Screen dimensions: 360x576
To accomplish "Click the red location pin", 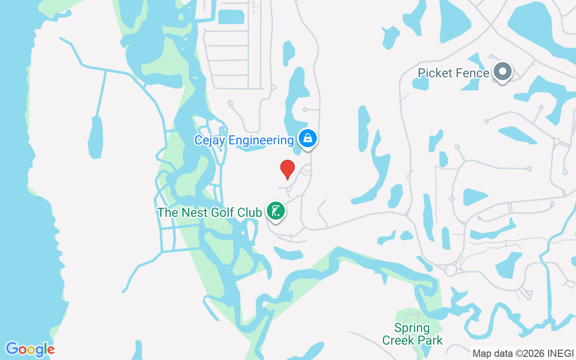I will [x=288, y=169].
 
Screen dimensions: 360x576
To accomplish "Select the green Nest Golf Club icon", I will [x=275, y=211].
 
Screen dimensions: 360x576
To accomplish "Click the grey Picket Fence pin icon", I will [x=502, y=72].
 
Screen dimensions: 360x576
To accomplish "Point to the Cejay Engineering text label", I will [x=244, y=140].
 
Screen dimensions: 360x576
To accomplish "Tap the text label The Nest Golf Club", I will [x=210, y=212].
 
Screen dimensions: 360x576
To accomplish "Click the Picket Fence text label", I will [x=453, y=73].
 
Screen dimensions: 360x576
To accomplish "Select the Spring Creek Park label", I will [x=413, y=334].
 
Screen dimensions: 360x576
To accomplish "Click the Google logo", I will [x=30, y=349].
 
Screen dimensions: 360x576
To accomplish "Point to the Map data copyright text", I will [x=523, y=353].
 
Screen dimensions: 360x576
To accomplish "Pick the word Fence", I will [x=472, y=73].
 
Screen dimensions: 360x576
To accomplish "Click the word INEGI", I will [x=562, y=353].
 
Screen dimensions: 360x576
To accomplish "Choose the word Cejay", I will [x=210, y=140].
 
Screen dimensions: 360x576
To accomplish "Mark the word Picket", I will [x=434, y=73].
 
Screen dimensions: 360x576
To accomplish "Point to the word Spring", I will [x=412, y=328].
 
